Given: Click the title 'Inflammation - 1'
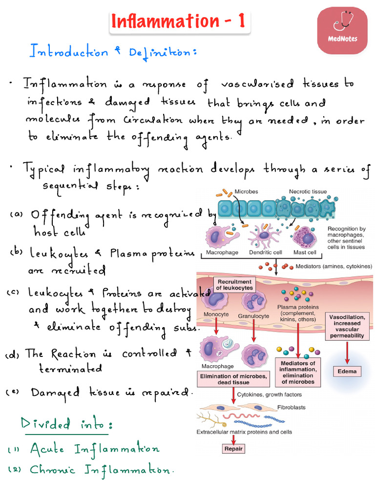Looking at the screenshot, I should [x=177, y=22].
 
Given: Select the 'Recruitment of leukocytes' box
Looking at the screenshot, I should [x=235, y=285].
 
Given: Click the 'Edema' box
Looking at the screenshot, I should [x=347, y=371].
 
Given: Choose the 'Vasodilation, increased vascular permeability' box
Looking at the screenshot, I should [x=347, y=326].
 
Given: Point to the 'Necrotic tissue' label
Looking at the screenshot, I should [x=308, y=191].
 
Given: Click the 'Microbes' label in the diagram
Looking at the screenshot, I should [x=247, y=191].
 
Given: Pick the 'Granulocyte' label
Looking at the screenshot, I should [x=253, y=315].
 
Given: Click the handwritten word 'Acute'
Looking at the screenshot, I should [x=47, y=449].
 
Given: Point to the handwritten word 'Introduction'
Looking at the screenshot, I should [x=69, y=51].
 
